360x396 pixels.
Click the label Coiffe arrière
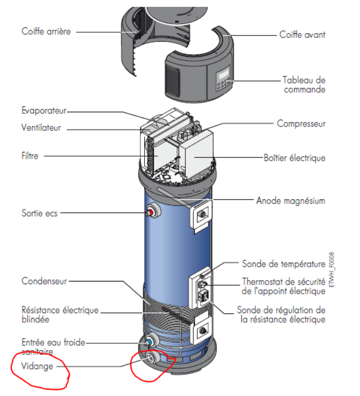tap(46, 31)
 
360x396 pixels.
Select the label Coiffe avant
tap(302, 35)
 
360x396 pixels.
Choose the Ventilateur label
tap(41, 128)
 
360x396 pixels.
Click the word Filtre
tap(30, 156)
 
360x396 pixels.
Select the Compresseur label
tap(301, 124)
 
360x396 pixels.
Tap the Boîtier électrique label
tap(302, 158)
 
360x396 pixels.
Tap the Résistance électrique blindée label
tap(60, 314)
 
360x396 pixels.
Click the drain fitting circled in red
tap(151, 360)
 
